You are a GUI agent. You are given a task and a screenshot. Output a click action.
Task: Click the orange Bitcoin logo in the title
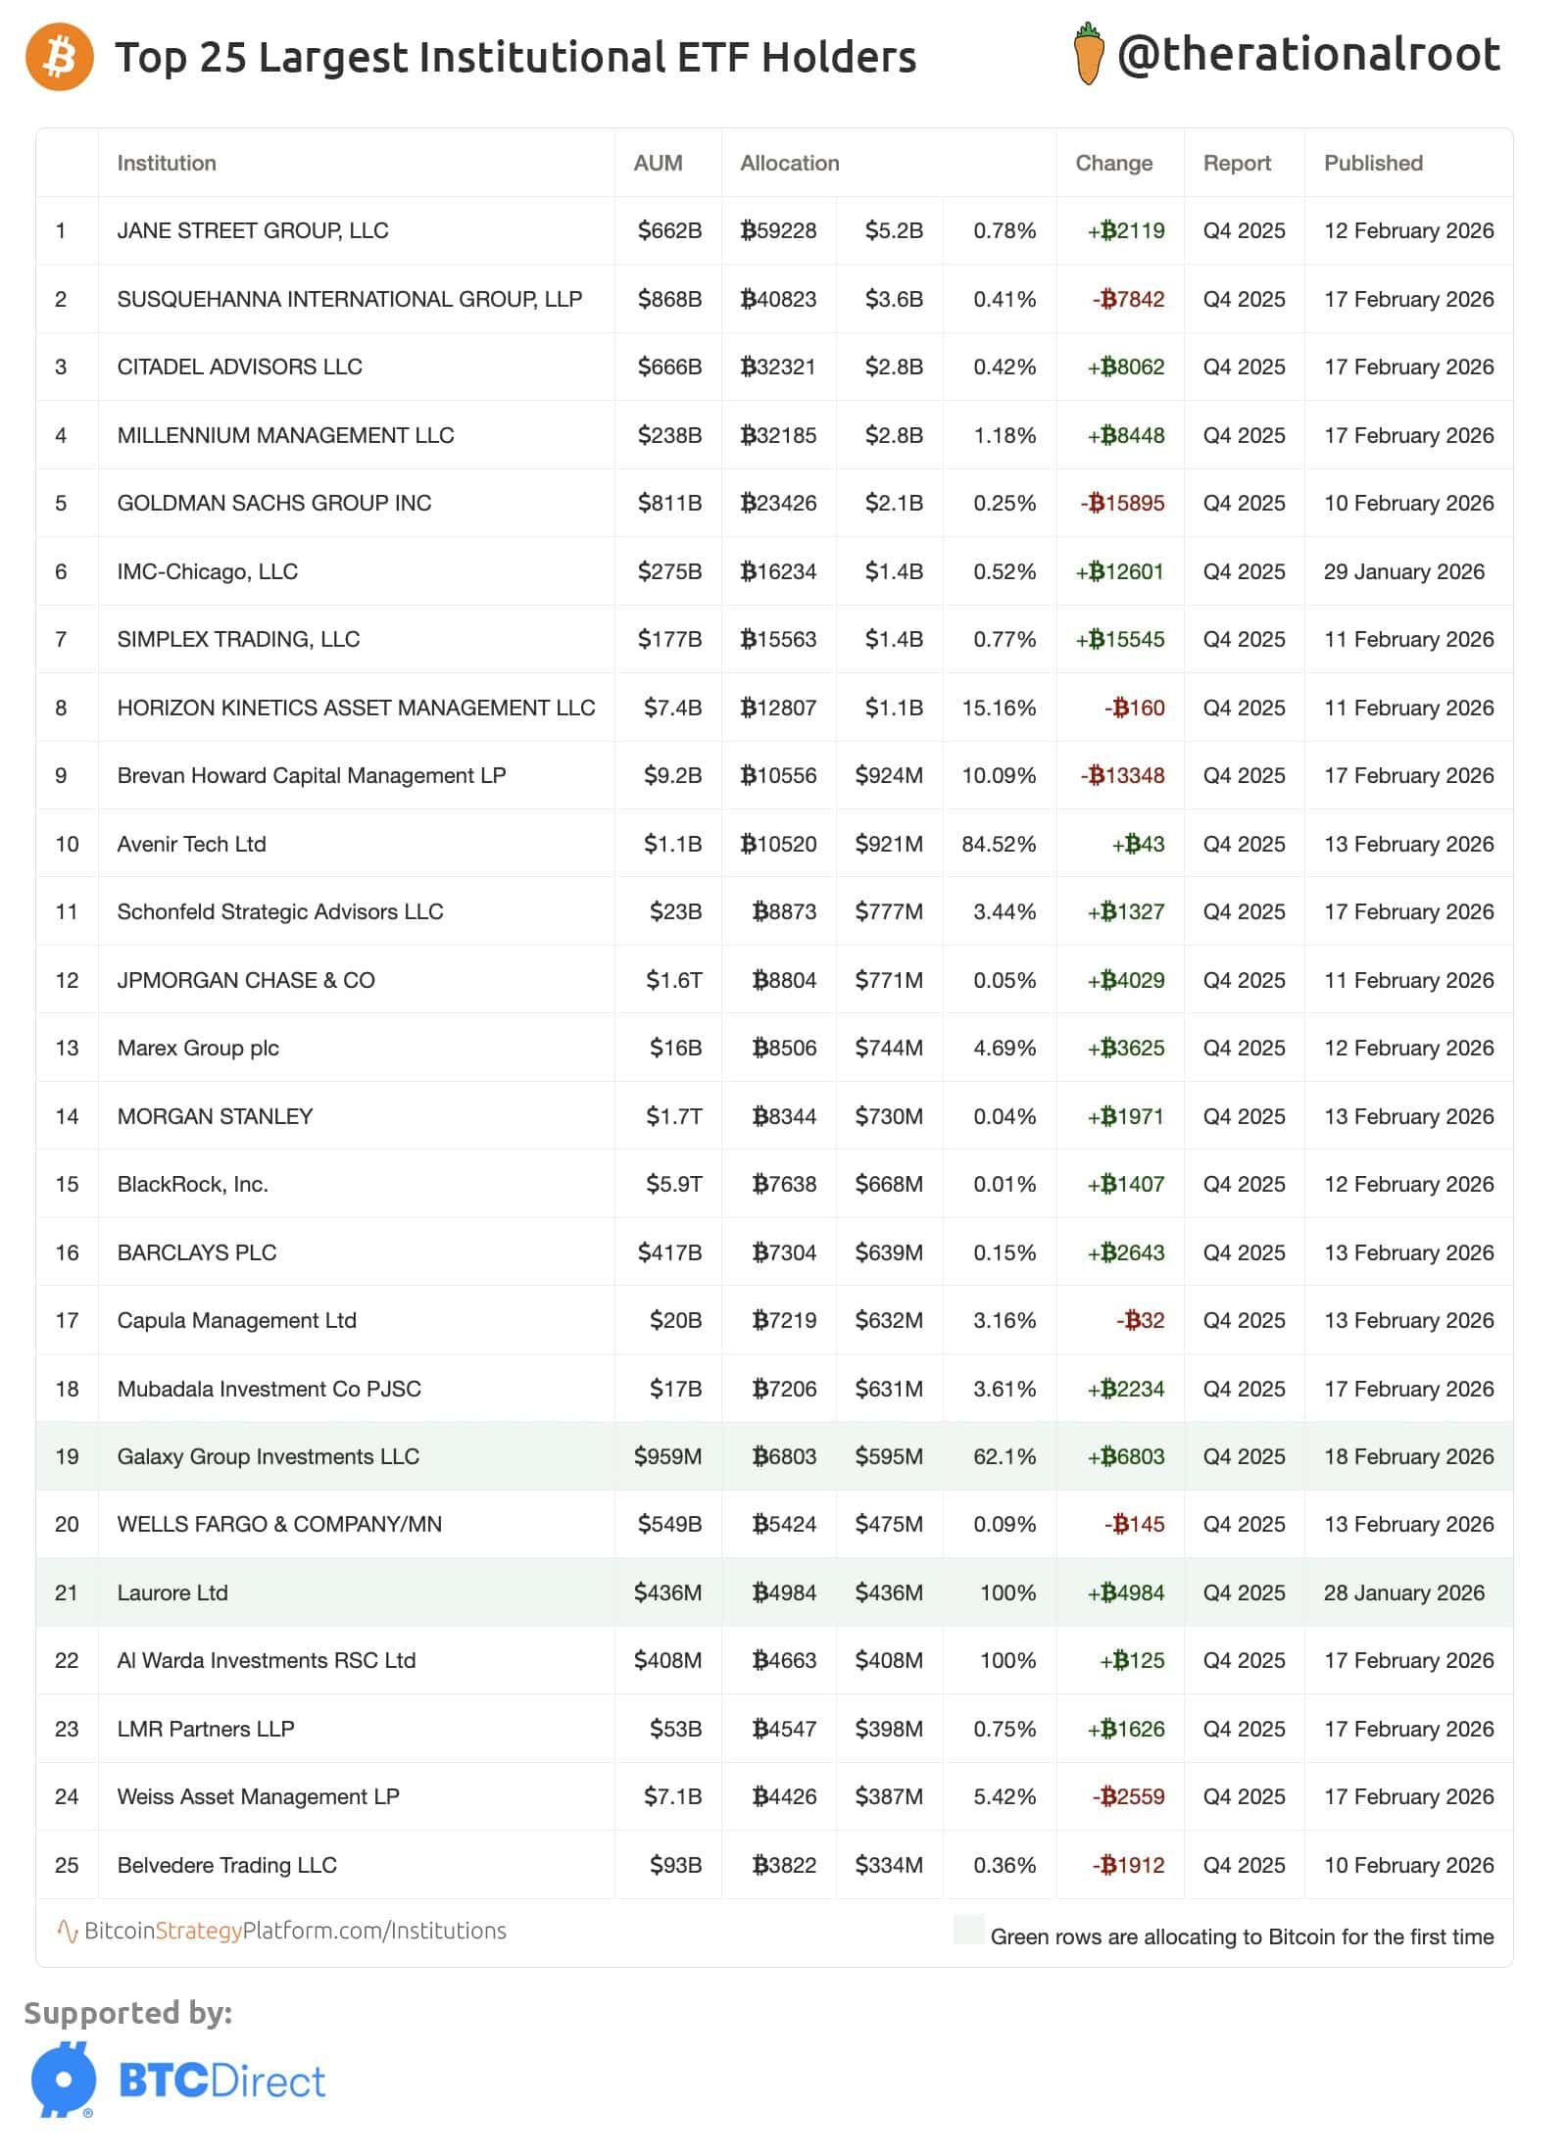click(60, 57)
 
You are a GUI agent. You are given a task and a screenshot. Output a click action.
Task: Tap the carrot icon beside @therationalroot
click(1088, 55)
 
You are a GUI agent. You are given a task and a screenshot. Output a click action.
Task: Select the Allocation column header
click(790, 163)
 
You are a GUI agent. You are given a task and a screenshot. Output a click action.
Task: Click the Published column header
click(1373, 163)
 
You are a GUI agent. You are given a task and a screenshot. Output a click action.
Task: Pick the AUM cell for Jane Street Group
click(669, 230)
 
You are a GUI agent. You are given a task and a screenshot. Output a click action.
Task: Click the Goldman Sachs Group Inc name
click(274, 503)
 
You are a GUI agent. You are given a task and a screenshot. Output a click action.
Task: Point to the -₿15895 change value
click(1123, 503)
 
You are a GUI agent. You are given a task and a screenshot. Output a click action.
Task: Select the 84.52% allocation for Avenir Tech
click(999, 844)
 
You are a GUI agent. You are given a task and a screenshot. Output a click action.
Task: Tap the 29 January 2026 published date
click(1404, 571)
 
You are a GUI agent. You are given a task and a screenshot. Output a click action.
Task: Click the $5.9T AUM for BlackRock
click(673, 1184)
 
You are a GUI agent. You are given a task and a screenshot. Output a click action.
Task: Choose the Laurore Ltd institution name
click(172, 1592)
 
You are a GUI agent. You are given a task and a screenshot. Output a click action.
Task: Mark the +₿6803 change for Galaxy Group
click(1126, 1456)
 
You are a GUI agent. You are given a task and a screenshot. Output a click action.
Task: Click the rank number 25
click(67, 1865)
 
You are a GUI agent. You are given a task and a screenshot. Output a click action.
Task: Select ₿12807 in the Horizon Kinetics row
click(778, 708)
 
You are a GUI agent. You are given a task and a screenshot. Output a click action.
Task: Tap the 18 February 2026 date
click(1408, 1456)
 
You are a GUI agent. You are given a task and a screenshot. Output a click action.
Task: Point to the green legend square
click(968, 1929)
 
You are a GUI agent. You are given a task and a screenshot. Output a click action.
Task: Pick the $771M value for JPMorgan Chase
click(889, 980)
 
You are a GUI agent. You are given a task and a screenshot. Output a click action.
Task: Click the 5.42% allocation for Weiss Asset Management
click(1004, 1796)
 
